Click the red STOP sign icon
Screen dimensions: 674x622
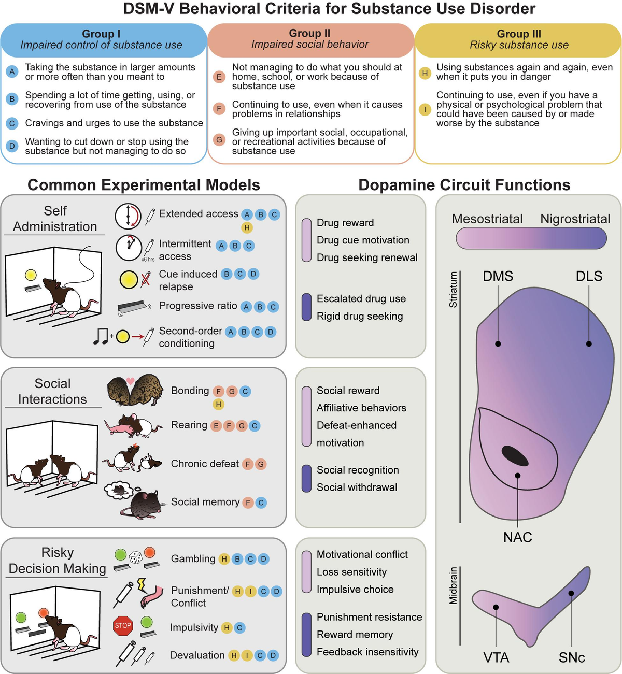(x=123, y=625)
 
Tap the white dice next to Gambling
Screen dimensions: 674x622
(x=135, y=557)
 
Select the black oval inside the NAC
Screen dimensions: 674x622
(x=515, y=455)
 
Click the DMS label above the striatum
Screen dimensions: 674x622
(x=498, y=276)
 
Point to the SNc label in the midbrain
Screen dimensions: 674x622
(x=571, y=657)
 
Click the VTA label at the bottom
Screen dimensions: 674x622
(x=496, y=657)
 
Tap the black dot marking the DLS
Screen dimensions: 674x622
(x=589, y=343)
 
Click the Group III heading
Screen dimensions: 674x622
(x=518, y=34)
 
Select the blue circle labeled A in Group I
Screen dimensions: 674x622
(x=12, y=71)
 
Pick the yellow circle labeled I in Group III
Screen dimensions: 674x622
(x=425, y=109)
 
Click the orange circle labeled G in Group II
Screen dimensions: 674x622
(x=219, y=140)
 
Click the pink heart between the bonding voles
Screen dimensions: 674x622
(x=130, y=382)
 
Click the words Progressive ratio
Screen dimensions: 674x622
(x=197, y=306)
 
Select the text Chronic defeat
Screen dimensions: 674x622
(x=205, y=464)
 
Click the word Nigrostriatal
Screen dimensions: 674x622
(x=575, y=219)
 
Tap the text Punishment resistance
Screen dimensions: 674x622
(x=369, y=617)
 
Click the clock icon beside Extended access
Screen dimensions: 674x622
(x=127, y=216)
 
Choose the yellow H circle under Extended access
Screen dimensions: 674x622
(x=247, y=227)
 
